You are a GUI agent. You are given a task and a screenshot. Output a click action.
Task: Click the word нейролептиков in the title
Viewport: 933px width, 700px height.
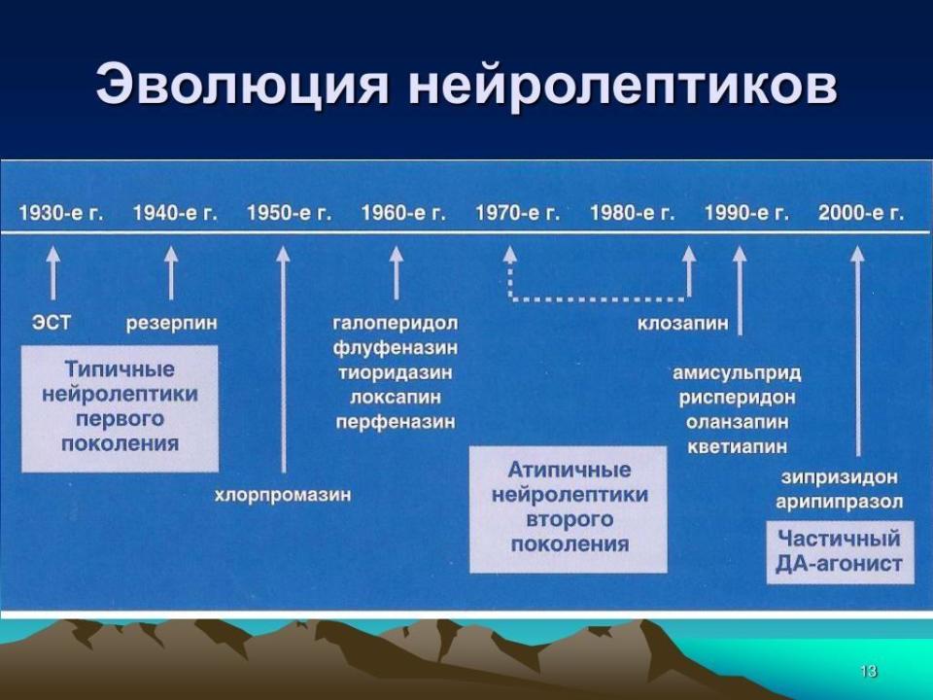click(623, 87)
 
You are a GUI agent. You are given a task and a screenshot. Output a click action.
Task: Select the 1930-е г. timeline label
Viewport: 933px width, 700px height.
click(61, 213)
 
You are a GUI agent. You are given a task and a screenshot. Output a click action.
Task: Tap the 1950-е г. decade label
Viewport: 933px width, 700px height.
click(290, 213)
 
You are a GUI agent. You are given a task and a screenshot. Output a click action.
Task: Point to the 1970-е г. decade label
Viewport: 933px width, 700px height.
click(518, 213)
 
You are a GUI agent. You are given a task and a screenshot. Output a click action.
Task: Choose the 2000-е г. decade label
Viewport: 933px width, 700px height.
click(861, 213)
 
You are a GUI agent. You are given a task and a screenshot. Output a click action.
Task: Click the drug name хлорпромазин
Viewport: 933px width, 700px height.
click(283, 495)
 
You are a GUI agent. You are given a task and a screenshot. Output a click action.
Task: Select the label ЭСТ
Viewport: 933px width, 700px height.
click(52, 323)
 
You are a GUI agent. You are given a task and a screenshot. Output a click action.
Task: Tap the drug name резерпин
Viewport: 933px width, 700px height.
click(172, 324)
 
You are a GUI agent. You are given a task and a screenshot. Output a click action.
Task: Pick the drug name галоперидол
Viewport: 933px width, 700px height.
click(396, 324)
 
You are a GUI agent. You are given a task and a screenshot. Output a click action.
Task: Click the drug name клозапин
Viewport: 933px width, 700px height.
click(683, 323)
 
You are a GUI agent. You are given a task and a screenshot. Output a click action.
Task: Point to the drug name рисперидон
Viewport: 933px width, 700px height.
click(738, 398)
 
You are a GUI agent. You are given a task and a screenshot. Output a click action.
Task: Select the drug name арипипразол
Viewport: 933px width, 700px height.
click(840, 503)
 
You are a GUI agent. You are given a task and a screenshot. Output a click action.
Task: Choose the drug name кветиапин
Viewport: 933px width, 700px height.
click(738, 446)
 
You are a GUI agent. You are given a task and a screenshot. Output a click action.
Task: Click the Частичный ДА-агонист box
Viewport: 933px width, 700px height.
click(840, 552)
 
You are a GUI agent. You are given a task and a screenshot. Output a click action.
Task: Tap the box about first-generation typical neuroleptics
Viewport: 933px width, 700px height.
click(121, 409)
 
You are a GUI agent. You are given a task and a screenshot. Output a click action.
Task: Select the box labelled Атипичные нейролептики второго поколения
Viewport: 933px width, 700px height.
click(569, 509)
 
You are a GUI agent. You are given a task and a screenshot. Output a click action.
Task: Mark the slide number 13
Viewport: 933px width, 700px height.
click(868, 672)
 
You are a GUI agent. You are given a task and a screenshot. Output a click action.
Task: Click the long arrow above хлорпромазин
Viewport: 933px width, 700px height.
click(283, 360)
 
